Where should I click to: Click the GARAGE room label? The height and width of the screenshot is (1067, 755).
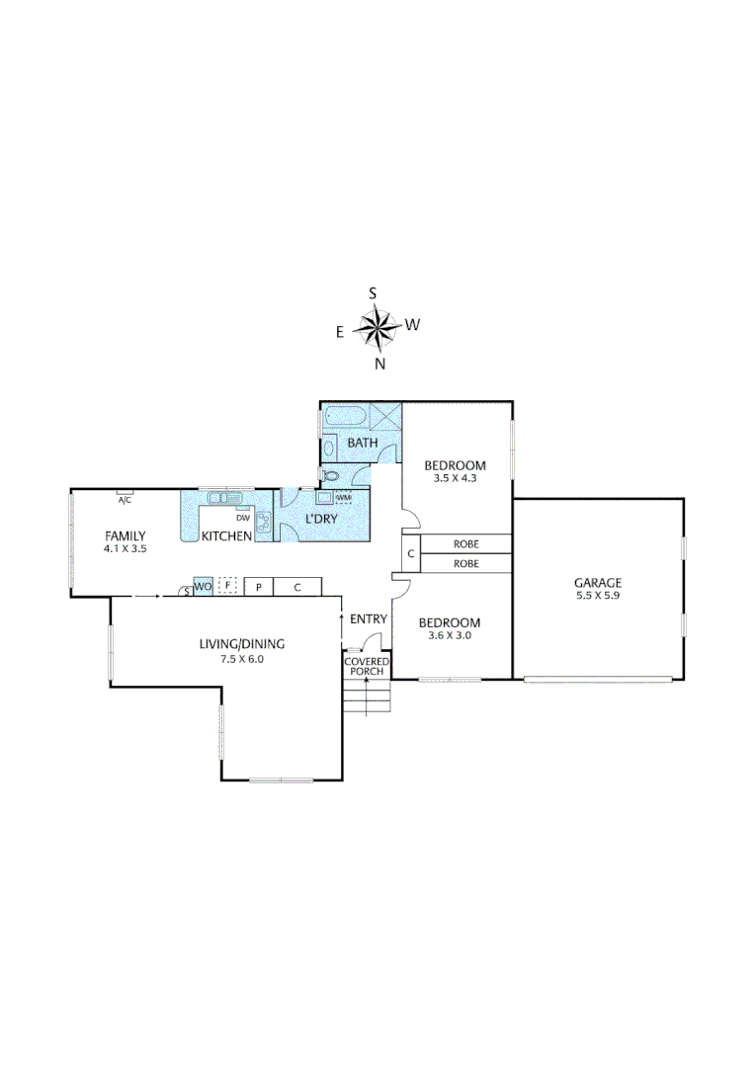tap(598, 583)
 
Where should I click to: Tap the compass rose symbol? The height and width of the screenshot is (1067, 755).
tap(377, 327)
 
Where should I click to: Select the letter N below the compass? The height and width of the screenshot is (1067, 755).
tap(379, 364)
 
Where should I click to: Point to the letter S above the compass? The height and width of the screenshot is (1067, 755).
tap(373, 292)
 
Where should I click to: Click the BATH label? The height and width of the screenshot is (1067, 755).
tap(362, 443)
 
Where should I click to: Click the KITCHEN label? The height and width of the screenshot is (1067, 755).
tap(226, 536)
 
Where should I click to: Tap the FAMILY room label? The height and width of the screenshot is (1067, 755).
tap(126, 535)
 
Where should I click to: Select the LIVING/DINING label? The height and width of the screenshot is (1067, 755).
tap(242, 644)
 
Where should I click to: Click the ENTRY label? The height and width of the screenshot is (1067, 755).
tap(369, 618)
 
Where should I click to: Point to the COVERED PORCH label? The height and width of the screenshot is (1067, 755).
tap(367, 666)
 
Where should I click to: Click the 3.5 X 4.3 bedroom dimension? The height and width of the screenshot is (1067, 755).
tap(455, 478)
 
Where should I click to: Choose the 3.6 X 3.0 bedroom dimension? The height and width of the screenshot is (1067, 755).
tap(449, 635)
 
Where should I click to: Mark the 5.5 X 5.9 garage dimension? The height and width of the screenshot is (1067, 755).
tap(598, 596)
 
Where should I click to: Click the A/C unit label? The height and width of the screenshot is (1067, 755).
tap(125, 500)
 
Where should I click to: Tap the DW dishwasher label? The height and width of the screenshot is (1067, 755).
tap(242, 517)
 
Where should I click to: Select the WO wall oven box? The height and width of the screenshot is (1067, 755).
tap(202, 587)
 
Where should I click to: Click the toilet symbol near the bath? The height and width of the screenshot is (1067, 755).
tap(331, 476)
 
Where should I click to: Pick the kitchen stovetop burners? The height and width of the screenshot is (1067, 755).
tap(264, 523)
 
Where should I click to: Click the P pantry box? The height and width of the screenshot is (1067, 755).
tap(258, 587)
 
